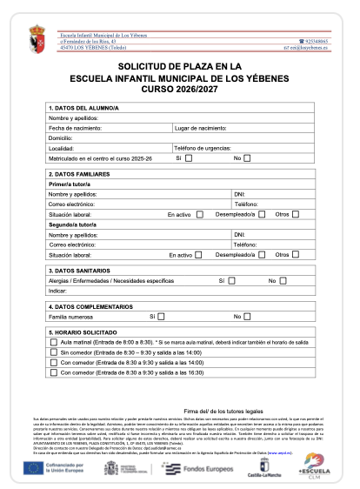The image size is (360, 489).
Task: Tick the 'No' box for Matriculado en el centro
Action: point(248,157)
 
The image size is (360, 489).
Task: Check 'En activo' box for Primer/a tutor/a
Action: point(200,214)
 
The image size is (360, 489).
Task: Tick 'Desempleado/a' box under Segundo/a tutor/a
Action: point(258,255)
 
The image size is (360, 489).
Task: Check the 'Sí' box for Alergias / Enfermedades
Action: point(235,281)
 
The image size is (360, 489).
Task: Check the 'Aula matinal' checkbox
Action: point(54,343)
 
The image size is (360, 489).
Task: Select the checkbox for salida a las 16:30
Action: point(54,372)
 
